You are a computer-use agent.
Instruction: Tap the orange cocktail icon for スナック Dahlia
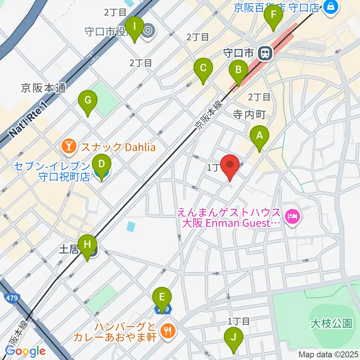pyautogui.click(x=69, y=147)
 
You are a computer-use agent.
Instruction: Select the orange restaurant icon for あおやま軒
pyautogui.click(x=166, y=331)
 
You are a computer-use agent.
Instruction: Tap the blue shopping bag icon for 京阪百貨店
pyautogui.click(x=331, y=6)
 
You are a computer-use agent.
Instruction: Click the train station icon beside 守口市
pyautogui.click(x=265, y=53)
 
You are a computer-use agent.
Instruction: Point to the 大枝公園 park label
pyautogui.click(x=331, y=323)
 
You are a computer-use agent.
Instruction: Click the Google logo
pyautogui.click(x=25, y=351)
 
